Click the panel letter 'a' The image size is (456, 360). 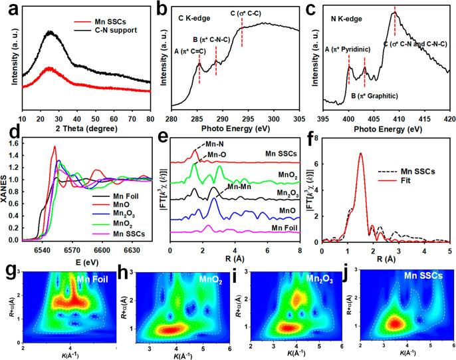pyautogui.click(x=7, y=9)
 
